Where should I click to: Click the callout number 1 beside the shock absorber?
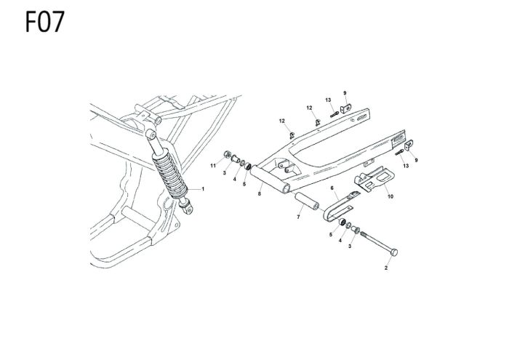[x=203, y=189]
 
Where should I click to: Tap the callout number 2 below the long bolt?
[x=386, y=268]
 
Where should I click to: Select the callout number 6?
[x=332, y=188]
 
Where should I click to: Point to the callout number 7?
[x=298, y=217]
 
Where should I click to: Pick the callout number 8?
[x=259, y=194]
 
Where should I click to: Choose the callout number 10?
[x=390, y=196]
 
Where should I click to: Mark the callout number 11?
[x=214, y=167]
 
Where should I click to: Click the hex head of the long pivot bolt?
[x=394, y=252]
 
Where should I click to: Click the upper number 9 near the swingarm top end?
[x=345, y=92]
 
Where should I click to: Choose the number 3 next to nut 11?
[x=225, y=174]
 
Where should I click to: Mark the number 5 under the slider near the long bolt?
[x=330, y=235]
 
